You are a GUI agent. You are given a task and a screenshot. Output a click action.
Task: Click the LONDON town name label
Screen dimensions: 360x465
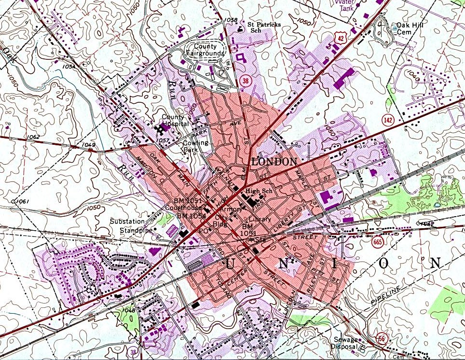point(274,162)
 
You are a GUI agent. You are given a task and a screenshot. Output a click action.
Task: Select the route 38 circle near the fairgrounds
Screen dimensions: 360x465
point(246,81)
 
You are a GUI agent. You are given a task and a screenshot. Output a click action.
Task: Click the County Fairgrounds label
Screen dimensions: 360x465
point(206,50)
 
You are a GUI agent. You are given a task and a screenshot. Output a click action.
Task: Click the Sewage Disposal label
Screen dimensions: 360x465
point(343,343)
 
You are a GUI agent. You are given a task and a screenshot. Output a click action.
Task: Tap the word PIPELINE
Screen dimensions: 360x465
point(387,295)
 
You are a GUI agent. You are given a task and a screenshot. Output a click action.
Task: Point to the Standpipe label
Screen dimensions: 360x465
point(136,230)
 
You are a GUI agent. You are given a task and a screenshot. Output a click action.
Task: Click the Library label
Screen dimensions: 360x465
point(260,219)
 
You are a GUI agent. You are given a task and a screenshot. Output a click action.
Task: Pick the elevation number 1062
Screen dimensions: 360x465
point(34,137)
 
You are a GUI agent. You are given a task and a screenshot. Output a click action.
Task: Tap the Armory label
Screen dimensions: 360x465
point(232,209)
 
